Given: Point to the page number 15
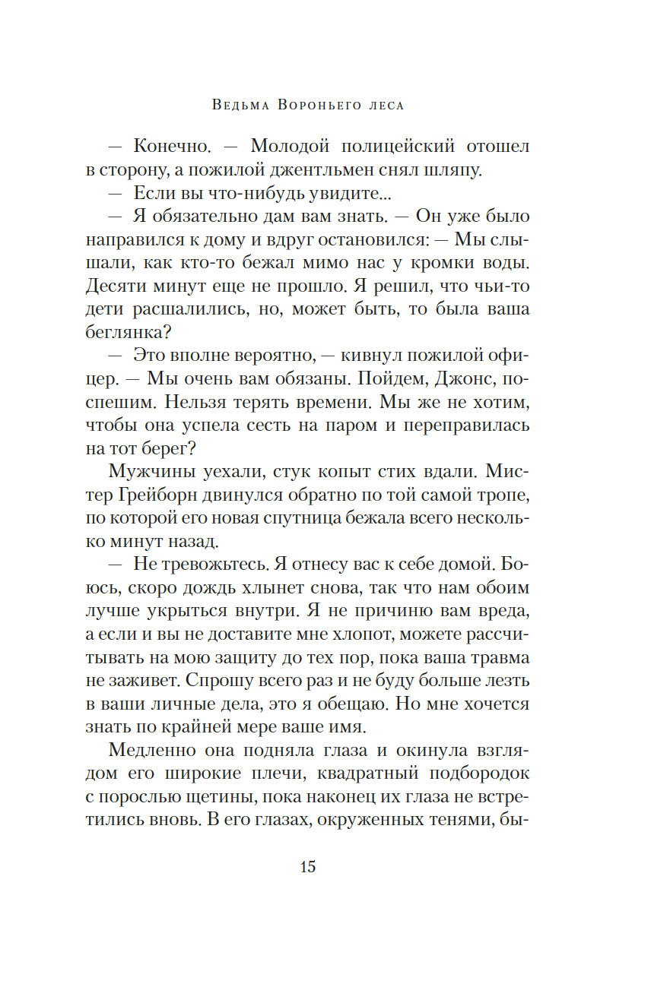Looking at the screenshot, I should click(307, 867).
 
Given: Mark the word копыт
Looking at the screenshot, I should click(362, 472).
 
